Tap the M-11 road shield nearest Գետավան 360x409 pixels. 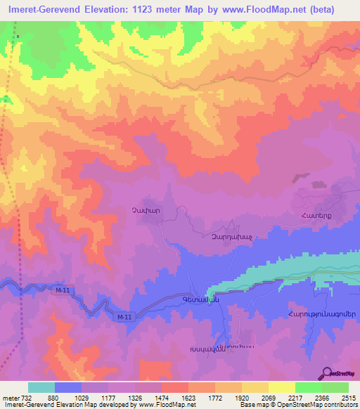point(124,318)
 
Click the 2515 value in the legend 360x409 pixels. point(347,397)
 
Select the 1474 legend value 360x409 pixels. point(163,397)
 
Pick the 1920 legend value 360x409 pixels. point(241,397)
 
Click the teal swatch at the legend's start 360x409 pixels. point(41,387)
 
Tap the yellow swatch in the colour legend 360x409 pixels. point(281,387)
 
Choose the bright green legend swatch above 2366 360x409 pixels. point(308,387)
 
